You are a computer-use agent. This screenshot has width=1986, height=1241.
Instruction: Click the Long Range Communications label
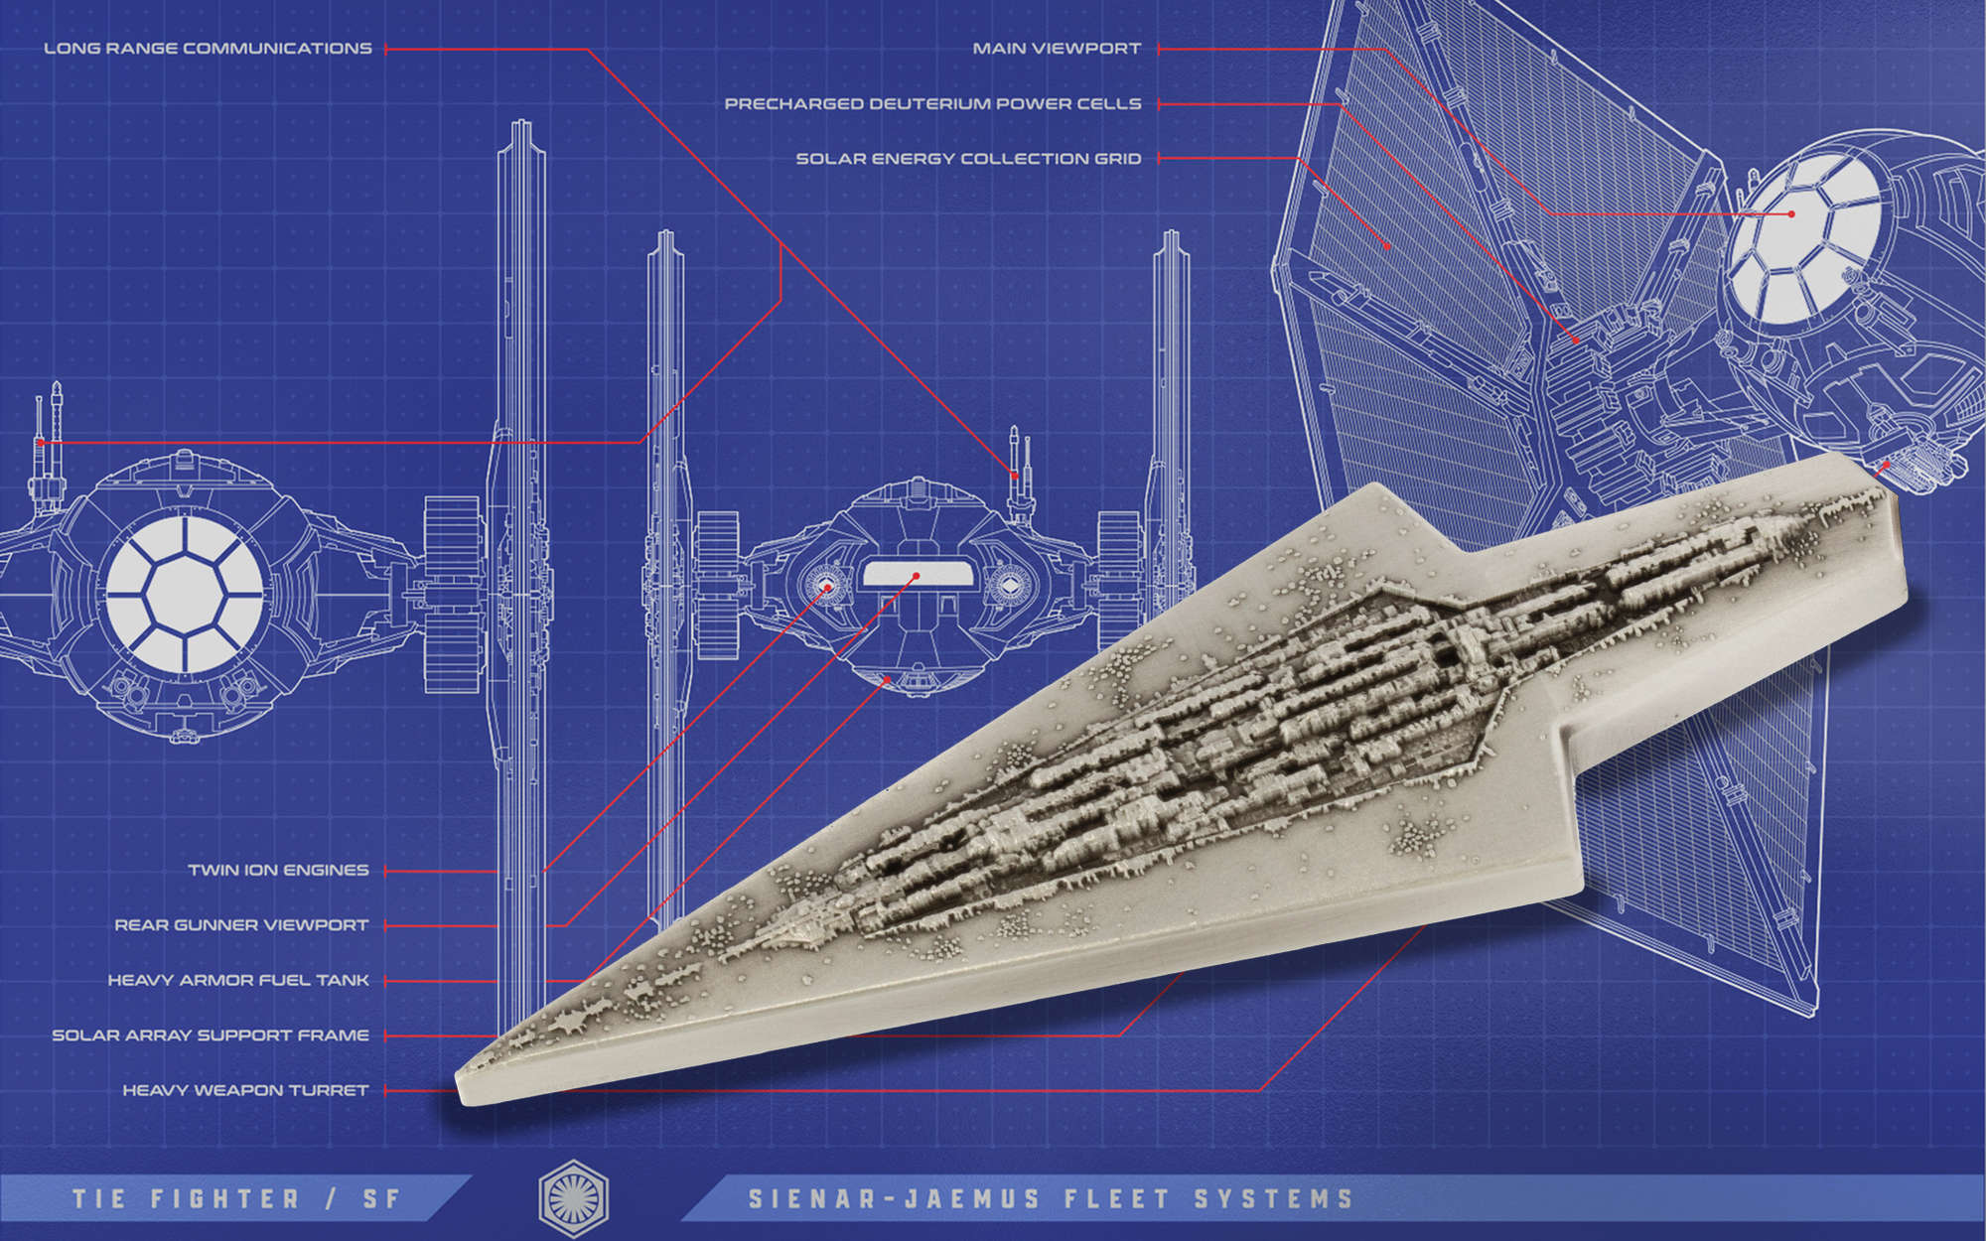[208, 48]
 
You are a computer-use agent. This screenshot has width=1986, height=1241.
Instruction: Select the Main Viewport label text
[1057, 48]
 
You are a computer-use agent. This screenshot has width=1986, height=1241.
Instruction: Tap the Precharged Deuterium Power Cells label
[932, 103]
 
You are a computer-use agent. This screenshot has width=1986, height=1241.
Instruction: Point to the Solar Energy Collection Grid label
[968, 159]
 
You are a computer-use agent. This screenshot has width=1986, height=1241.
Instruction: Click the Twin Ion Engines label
[278, 871]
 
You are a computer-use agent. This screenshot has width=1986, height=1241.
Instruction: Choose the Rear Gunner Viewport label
[241, 925]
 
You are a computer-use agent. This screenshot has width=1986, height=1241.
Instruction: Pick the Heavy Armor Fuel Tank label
[238, 980]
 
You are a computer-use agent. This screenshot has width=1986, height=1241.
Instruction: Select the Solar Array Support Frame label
[211, 1035]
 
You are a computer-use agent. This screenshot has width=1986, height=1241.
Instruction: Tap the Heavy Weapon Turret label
[245, 1090]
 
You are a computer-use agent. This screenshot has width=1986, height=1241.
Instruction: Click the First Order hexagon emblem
[573, 1197]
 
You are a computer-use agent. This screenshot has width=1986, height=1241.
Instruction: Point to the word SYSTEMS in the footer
[1273, 1199]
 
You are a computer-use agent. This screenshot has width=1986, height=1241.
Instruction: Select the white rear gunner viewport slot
[916, 575]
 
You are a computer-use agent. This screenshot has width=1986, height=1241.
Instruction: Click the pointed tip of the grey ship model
[464, 1087]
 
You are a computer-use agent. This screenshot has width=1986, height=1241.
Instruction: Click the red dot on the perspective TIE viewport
[1791, 213]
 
